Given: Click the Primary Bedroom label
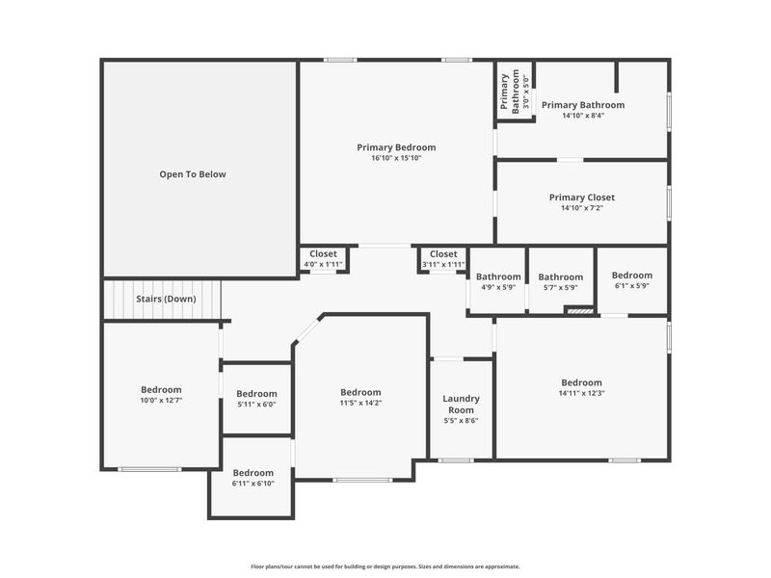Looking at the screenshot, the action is (x=396, y=147).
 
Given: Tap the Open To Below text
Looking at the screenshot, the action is (x=193, y=174).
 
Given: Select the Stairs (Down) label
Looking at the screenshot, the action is (x=166, y=299).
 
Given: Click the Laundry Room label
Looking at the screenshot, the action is (x=462, y=404).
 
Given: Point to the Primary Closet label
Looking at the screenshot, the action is (x=582, y=197).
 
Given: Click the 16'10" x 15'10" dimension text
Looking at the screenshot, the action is (x=396, y=158).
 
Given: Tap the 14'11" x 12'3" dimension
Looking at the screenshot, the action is (x=582, y=393).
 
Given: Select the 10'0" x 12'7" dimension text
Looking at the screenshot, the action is (x=161, y=401).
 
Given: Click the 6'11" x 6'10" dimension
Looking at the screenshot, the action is (x=253, y=484).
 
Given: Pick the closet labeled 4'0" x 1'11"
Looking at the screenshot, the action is (x=323, y=258).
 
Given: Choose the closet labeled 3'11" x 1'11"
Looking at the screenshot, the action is (x=443, y=258).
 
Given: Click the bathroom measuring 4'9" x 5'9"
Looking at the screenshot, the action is (x=498, y=281).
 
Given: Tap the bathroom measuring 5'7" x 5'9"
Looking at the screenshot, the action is (x=561, y=281).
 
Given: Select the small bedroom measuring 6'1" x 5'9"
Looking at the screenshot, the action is (x=632, y=280).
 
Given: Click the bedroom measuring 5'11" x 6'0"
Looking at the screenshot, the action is (x=256, y=399).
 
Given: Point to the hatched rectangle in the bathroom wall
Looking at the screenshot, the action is (x=579, y=310).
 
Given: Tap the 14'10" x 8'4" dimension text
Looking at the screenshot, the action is (x=583, y=116).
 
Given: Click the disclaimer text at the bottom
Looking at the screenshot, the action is (x=385, y=566).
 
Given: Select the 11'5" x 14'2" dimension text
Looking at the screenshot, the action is (x=360, y=403).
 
